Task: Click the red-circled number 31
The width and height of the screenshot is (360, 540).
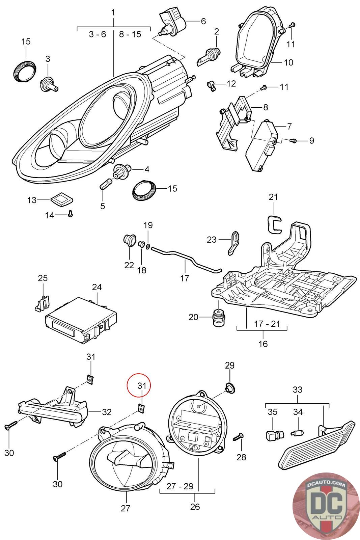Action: click(x=142, y=386)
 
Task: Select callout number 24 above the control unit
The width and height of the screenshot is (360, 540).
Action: click(x=97, y=287)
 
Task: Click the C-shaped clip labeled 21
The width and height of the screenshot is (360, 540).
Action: click(x=275, y=224)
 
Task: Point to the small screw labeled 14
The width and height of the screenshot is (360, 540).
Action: click(x=71, y=213)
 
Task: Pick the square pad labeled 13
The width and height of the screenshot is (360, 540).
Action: click(x=62, y=199)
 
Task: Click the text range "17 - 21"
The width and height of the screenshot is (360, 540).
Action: click(x=267, y=324)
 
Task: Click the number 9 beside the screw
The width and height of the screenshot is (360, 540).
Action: click(x=311, y=140)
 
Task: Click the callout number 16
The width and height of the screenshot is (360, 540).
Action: click(x=263, y=344)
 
